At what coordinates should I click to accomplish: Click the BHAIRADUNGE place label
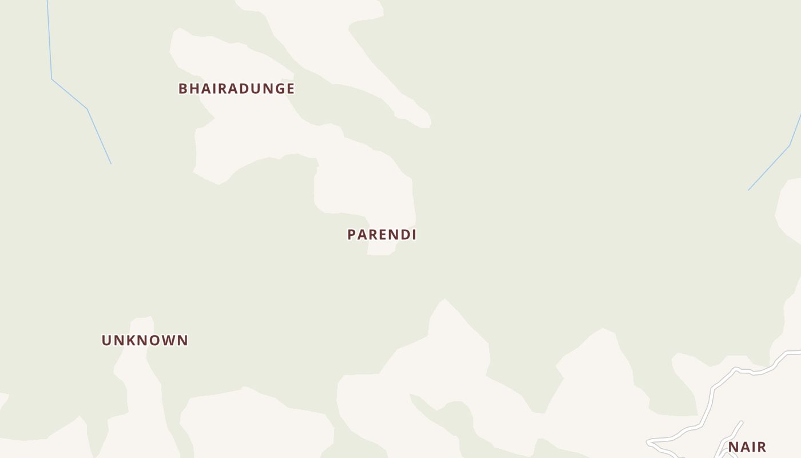(236, 89)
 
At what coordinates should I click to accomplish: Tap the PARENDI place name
(382, 235)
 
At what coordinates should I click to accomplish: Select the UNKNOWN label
(145, 341)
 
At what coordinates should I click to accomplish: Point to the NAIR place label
(747, 447)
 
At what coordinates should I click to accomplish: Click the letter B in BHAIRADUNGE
(183, 89)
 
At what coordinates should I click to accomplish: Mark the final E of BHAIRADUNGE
(290, 89)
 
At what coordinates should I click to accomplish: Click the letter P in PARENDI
(352, 235)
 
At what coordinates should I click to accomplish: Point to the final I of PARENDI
(413, 235)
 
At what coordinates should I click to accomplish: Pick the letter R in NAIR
(762, 447)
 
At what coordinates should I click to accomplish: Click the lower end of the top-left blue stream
(111, 164)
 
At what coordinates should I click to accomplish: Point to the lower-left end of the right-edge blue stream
(749, 190)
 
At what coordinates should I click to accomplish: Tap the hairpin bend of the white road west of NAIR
(648, 442)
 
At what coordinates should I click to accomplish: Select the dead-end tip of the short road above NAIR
(741, 423)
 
